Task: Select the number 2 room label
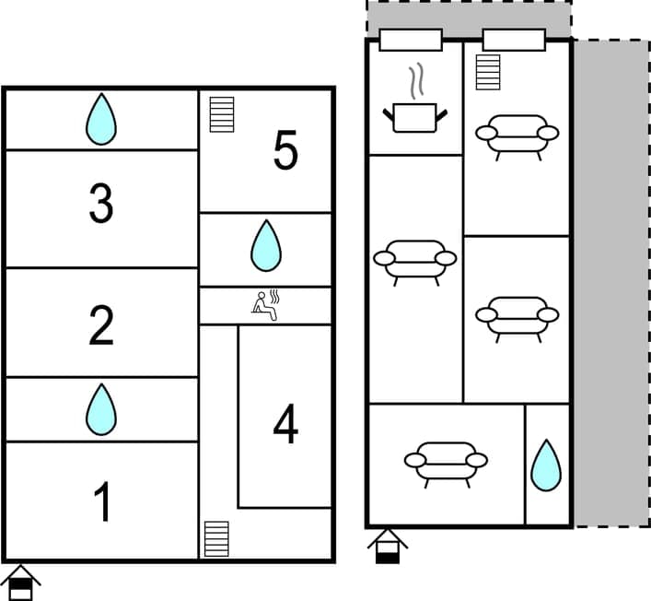click(101, 325)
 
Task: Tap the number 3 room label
click(101, 205)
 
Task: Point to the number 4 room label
click(285, 425)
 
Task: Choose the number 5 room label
click(285, 151)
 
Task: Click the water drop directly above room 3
click(101, 120)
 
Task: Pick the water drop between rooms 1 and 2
click(101, 409)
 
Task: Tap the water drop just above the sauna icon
click(266, 246)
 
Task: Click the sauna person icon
click(266, 306)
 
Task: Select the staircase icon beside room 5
click(222, 114)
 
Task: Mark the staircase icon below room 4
click(216, 538)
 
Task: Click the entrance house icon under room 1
click(20, 583)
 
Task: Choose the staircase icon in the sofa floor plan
click(488, 72)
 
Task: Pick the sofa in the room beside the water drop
click(446, 464)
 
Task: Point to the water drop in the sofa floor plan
click(546, 465)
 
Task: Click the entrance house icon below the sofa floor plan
click(388, 546)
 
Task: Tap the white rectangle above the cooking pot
click(411, 41)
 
